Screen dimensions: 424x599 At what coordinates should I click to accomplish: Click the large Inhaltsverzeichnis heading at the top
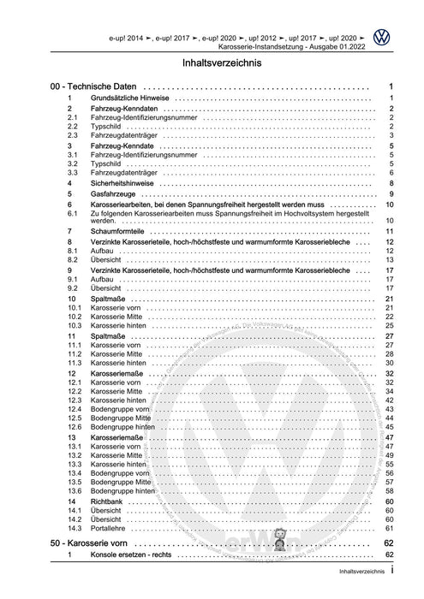tap(212, 63)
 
